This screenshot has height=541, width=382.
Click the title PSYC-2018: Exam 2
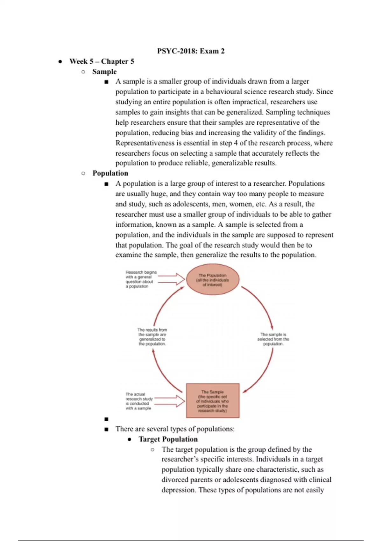[191, 51]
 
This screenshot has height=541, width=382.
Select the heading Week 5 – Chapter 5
[102, 61]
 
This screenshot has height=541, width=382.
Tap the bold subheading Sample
[104, 72]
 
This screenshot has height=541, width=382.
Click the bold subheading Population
[110, 173]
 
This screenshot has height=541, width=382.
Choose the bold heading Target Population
[168, 439]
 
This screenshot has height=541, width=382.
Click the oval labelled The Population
[213, 280]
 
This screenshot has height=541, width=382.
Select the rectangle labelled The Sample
[213, 401]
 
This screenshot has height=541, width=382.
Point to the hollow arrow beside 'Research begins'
[172, 279]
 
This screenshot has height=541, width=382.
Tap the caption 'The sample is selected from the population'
[273, 339]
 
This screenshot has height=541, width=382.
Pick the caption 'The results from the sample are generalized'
[152, 337]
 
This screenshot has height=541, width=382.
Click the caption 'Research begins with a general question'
[141, 279]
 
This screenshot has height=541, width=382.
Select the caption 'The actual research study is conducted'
[139, 401]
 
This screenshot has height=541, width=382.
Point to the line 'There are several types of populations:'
[175, 429]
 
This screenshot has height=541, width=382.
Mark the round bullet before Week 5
[60, 61]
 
